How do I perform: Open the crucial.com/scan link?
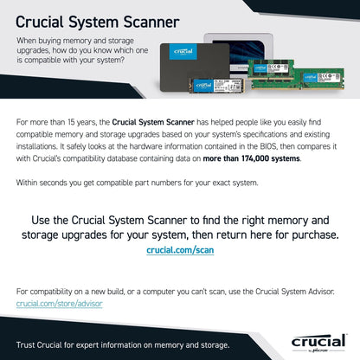[180, 250]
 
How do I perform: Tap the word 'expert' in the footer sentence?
[88, 344]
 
